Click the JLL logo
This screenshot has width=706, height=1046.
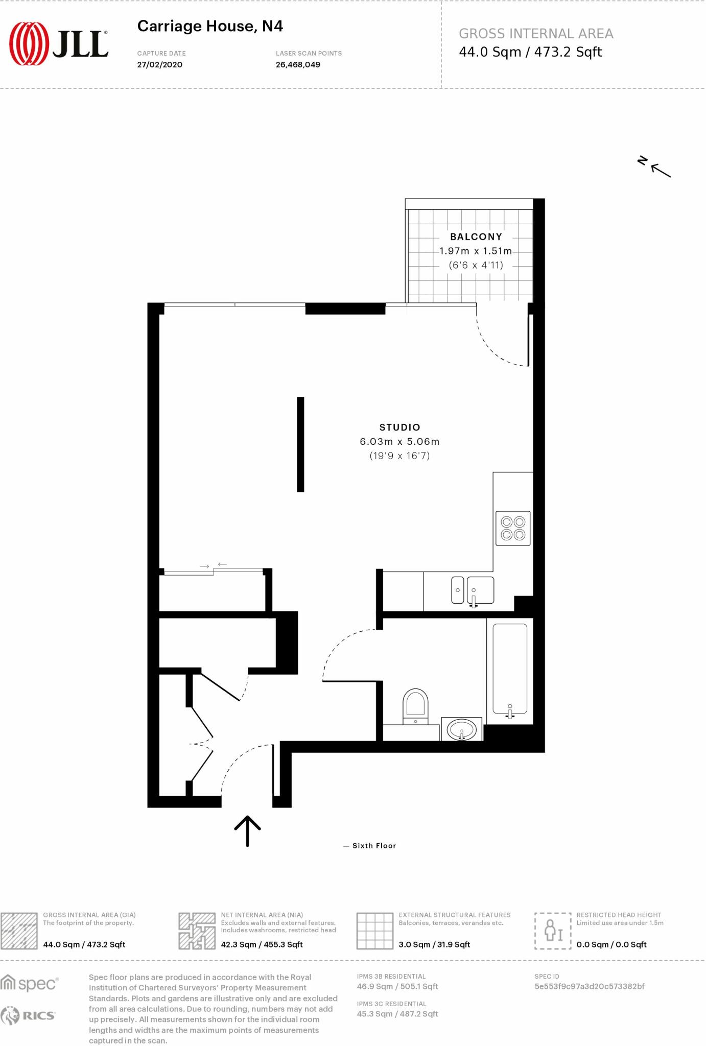click(x=58, y=44)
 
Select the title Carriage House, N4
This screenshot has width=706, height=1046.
click(x=210, y=26)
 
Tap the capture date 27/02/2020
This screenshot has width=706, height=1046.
click(x=159, y=65)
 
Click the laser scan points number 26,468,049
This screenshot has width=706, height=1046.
click(x=298, y=65)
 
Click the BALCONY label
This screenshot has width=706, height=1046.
click(x=476, y=237)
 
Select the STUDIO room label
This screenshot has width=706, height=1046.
click(x=399, y=427)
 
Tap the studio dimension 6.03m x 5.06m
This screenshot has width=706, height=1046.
click(x=399, y=442)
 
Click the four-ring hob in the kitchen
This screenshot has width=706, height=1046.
click(x=513, y=529)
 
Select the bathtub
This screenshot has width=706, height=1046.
click(x=510, y=669)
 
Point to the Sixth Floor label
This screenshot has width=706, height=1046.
click(x=374, y=846)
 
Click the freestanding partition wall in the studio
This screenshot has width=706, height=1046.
click(x=300, y=444)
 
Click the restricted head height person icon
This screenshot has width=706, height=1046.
click(x=552, y=931)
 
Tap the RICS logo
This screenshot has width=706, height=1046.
click(x=28, y=1016)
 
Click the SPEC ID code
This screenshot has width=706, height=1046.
click(x=589, y=986)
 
